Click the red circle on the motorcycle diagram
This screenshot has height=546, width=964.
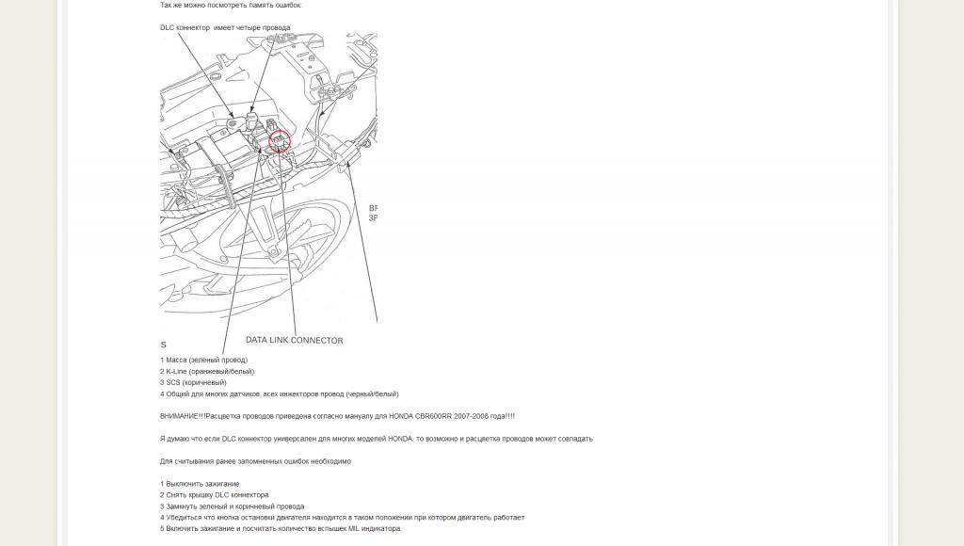(280, 142)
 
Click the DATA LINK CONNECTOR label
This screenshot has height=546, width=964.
(294, 340)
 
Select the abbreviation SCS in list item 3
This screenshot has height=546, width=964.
(173, 383)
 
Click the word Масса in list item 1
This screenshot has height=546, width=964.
(176, 361)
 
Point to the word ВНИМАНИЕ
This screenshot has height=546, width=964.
(181, 416)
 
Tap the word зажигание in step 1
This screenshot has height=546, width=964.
(220, 484)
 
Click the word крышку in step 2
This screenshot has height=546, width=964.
(200, 495)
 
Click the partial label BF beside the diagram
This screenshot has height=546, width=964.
(373, 208)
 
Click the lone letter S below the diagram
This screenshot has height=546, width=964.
(163, 345)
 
